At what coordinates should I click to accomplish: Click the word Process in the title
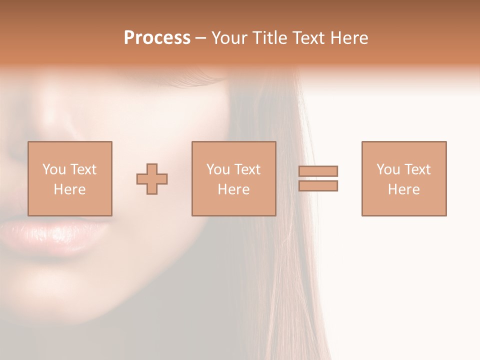point(157,38)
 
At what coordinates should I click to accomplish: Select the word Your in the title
point(229,38)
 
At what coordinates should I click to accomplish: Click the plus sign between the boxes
point(152,179)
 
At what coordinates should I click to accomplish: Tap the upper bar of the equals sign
point(318,171)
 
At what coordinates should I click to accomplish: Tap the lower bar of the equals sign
point(318,186)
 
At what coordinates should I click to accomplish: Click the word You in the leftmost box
point(54,169)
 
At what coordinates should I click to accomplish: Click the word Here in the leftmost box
point(69,189)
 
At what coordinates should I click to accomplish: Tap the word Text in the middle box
point(247,169)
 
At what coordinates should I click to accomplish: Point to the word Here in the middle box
point(233,189)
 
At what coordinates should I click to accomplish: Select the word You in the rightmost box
point(388,169)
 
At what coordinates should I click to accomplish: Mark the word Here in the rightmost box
point(403,189)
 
